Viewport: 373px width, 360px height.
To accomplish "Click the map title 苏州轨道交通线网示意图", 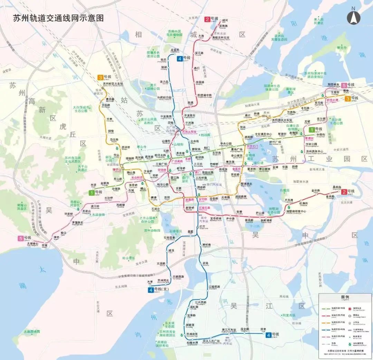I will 58,18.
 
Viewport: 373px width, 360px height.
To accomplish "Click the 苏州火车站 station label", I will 189,132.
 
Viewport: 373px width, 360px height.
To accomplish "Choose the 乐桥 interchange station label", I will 188,159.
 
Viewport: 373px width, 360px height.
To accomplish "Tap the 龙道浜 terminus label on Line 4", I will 175,50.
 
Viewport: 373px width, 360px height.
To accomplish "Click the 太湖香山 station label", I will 31,243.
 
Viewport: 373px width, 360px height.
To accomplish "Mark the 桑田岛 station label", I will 337,187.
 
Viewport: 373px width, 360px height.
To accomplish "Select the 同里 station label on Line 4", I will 264,329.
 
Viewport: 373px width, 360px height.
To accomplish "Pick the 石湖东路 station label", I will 204,207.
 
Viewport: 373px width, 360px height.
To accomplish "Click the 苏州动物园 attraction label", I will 152,230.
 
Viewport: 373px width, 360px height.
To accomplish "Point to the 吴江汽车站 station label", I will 229,330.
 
